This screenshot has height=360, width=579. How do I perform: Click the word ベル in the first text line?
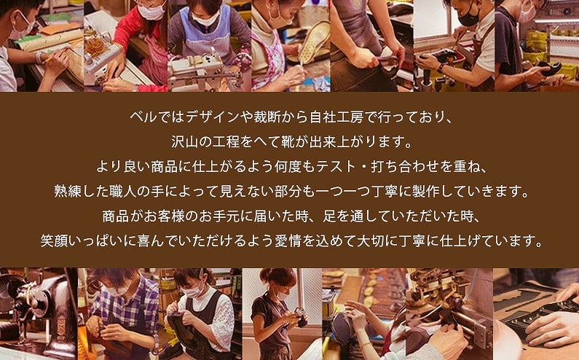click(137, 116)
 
